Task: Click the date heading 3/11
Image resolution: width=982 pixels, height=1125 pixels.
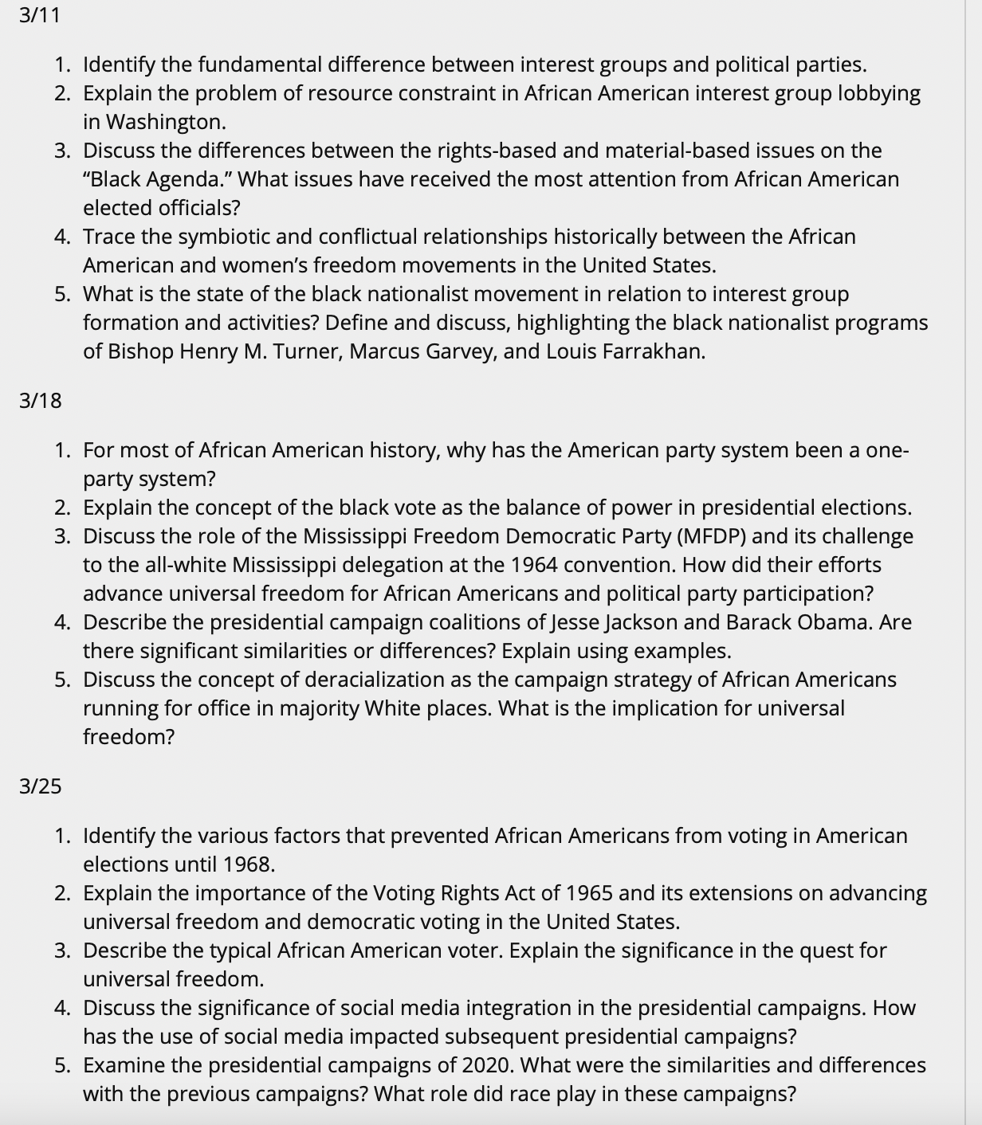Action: pos(40,15)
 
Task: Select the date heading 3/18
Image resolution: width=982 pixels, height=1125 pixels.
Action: pos(41,401)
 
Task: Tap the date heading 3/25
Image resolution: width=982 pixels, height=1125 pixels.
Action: pos(41,786)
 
